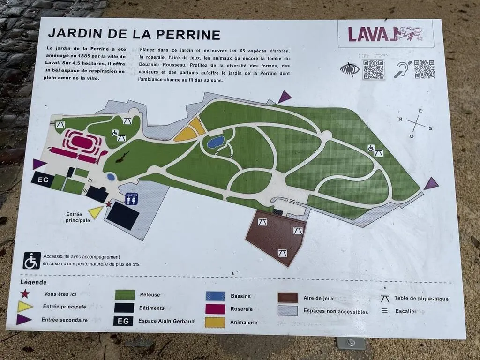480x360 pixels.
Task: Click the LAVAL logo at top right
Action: [385, 34]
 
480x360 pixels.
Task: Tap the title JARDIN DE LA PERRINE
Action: [134, 34]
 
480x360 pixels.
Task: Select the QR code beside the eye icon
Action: [374, 69]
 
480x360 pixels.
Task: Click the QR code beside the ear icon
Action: [424, 69]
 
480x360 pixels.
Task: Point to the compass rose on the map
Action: [416, 123]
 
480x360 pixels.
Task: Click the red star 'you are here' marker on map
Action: [109, 204]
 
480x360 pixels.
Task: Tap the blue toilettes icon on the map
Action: [132, 199]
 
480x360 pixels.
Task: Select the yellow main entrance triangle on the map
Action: [96, 212]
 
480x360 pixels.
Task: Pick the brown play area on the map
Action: [277, 237]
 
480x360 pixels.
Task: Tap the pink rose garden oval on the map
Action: [82, 141]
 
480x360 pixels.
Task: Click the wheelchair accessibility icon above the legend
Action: [32, 261]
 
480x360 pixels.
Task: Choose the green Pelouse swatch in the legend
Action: [125, 294]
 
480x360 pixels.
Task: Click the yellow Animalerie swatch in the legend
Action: [215, 322]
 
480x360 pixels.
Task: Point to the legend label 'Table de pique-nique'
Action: [421, 299]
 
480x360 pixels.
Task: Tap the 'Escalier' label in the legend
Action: [405, 311]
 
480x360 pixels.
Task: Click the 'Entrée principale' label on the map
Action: [77, 217]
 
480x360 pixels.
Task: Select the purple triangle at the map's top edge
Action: [284, 97]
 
